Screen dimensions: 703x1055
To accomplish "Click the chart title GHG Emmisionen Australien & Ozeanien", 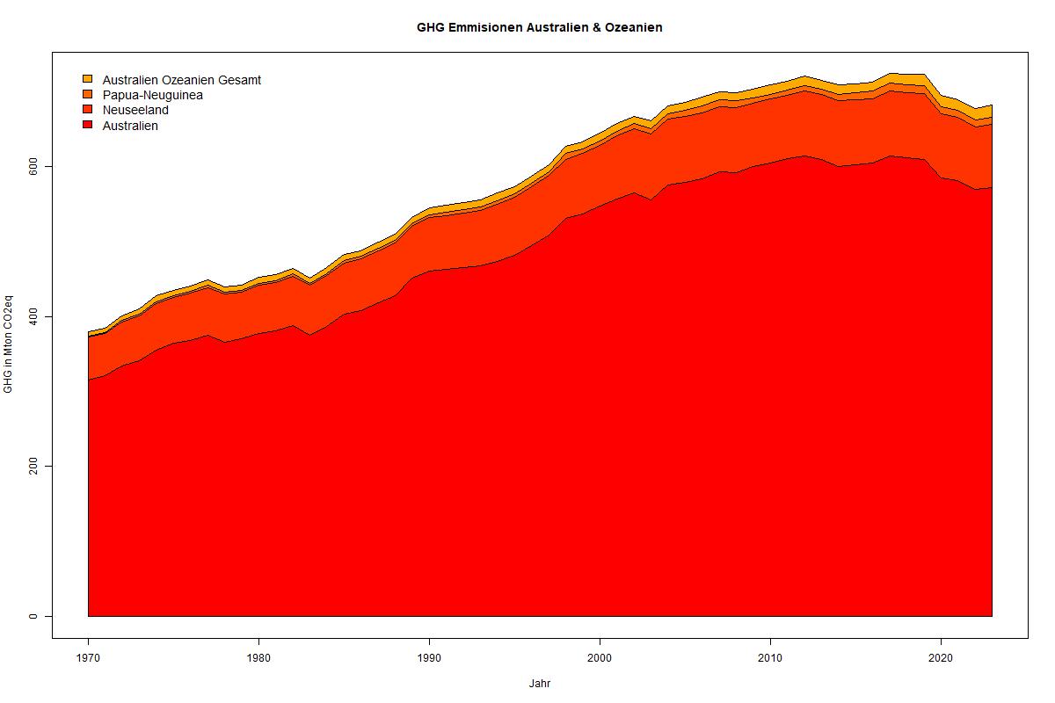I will click(x=539, y=27).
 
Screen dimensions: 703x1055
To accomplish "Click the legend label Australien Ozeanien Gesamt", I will click(x=181, y=80).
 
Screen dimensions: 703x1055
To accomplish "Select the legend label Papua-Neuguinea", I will click(x=152, y=95).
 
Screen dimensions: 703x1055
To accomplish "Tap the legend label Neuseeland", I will click(x=135, y=110).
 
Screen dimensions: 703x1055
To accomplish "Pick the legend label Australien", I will click(x=130, y=126).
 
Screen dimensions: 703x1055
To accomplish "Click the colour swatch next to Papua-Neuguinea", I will click(x=87, y=94).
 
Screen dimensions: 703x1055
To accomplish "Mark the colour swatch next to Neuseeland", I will click(x=87, y=110).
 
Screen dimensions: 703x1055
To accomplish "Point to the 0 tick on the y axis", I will click(x=34, y=616).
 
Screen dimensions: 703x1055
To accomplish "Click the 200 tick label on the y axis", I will click(x=34, y=466).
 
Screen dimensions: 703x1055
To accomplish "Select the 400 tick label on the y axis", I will click(x=34, y=316).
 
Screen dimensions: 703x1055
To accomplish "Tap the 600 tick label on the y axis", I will click(x=34, y=166).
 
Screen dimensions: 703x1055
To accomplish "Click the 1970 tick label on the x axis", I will click(x=88, y=657).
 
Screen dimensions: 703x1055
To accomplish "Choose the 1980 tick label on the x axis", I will click(x=258, y=657).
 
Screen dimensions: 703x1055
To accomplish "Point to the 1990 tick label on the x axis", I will click(x=429, y=657).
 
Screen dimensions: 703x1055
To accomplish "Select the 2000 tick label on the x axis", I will click(x=600, y=657).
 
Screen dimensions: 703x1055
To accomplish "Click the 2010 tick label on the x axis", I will click(x=770, y=657).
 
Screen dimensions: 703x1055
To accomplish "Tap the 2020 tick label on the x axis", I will click(x=941, y=657).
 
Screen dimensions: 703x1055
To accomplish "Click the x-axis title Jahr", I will click(x=539, y=683).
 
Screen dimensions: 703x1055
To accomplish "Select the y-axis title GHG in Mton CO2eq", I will click(x=9, y=345).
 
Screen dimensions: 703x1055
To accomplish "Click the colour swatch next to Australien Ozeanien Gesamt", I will click(x=87, y=79).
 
